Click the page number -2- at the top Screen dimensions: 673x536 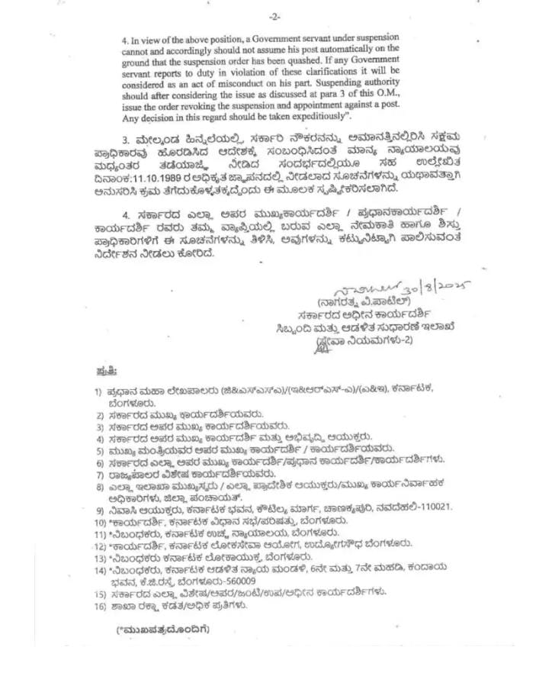[x=274, y=17]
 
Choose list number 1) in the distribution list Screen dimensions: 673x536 [x=98, y=390]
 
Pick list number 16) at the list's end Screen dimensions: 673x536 [x=99, y=606]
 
